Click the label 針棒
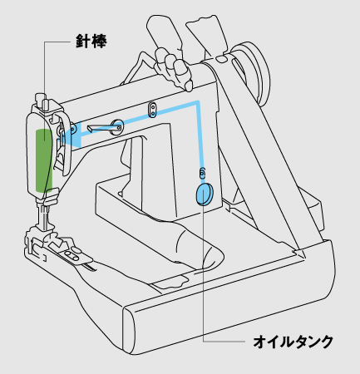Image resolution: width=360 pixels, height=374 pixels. coord(91,42)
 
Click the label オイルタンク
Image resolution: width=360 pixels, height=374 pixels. coord(293,342)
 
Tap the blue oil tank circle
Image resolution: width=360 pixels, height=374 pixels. coord(205,194)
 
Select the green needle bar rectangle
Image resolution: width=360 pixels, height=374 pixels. coord(44,160)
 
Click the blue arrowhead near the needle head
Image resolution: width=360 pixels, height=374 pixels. coord(71,134)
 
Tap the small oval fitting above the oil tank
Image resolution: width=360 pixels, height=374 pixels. coord(202,172)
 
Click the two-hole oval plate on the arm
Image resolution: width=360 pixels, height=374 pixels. coord(151,109)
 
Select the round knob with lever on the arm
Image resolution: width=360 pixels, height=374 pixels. coord(116,127)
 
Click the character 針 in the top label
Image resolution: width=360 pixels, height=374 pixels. coord(83,42)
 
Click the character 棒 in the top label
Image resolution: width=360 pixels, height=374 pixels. coord(99,42)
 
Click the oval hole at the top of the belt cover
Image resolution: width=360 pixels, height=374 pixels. coord(220,59)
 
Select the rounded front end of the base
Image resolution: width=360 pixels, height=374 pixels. coord(130,330)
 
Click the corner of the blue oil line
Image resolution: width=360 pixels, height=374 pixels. coord(198,102)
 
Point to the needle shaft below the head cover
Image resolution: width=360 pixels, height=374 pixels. coord(44,214)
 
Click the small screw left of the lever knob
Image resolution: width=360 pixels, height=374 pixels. coord(73,128)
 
